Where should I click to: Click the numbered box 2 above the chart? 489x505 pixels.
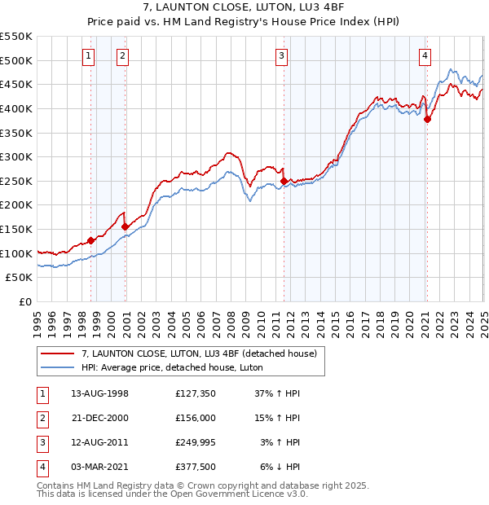tap(121, 56)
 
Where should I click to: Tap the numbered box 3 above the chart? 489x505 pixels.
tap(280, 56)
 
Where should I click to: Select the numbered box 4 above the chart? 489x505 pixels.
tap(425, 56)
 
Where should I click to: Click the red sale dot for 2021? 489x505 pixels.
tap(428, 119)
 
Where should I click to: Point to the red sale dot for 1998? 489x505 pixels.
tap(90, 240)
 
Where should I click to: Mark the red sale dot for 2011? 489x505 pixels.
tap(284, 181)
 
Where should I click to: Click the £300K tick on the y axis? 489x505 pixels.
tap(16, 156)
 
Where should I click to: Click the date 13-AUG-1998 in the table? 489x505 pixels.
tap(100, 393)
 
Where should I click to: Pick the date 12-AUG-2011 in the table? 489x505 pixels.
tap(100, 442)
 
